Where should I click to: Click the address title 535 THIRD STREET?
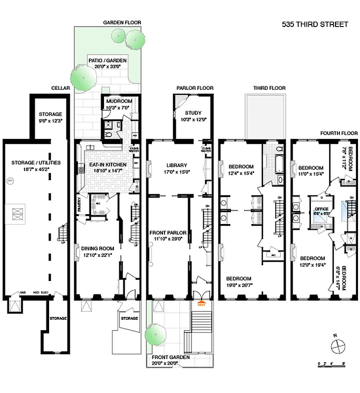[315, 24]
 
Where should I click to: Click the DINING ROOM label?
[96, 251]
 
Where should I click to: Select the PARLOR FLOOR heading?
[195, 88]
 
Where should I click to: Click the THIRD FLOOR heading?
[269, 88]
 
